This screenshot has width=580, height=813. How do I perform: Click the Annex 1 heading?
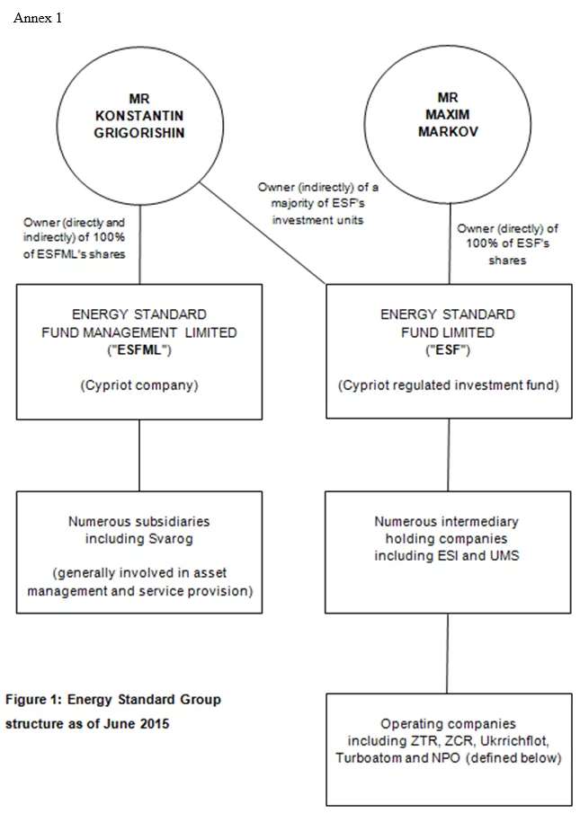tap(38, 18)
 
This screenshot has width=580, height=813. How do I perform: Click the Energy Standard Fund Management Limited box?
tap(138, 351)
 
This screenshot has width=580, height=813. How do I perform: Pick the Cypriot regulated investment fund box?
tap(448, 351)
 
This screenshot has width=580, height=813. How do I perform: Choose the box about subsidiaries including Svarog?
tap(138, 552)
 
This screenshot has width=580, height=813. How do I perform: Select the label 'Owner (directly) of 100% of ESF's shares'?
tap(507, 244)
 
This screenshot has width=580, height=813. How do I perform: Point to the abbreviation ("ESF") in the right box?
tap(448, 349)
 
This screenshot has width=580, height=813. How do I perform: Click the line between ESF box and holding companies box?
tap(448, 454)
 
